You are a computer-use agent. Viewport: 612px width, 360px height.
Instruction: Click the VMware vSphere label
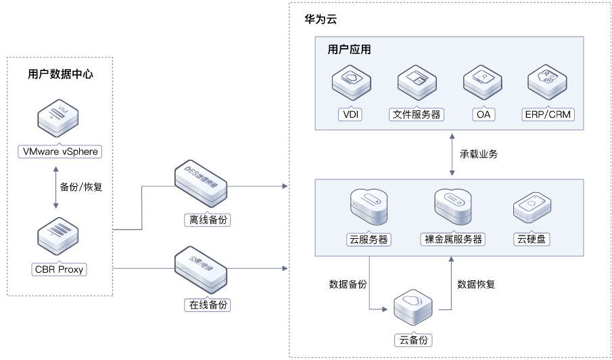point(60,152)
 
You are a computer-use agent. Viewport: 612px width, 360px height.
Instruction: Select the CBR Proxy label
point(60,270)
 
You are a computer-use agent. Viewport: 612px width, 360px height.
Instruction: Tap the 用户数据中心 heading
point(61,74)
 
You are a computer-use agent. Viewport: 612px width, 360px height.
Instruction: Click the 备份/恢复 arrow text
point(81,187)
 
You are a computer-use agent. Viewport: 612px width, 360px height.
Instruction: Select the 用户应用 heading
point(349,50)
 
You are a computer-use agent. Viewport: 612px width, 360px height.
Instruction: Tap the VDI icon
point(350,84)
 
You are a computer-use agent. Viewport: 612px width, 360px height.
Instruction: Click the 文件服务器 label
point(416,114)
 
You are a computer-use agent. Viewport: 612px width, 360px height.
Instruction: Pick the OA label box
point(483,114)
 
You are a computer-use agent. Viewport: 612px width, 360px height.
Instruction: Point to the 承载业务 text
point(479,154)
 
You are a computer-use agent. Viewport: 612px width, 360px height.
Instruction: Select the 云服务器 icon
point(369,206)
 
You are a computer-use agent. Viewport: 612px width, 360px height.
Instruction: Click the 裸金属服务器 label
point(453,240)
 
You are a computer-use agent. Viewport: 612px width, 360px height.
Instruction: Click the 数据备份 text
point(348,284)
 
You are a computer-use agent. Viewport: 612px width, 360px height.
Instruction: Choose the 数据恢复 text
point(476,284)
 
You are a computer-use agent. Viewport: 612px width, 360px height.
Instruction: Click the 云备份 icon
point(413,307)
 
